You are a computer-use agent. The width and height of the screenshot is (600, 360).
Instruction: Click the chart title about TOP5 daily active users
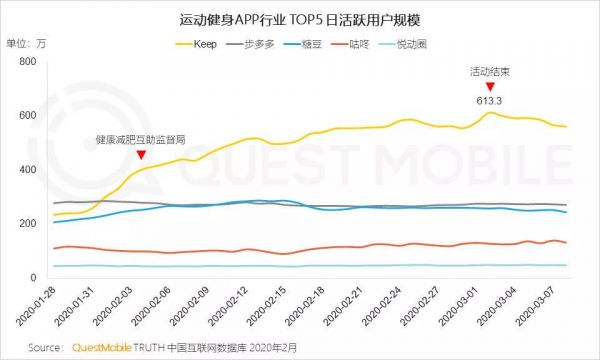tap(300, 19)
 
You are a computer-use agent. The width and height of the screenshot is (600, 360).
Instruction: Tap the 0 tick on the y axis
tap(33, 277)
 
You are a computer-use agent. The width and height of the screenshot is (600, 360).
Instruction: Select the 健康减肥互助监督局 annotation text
tap(140, 139)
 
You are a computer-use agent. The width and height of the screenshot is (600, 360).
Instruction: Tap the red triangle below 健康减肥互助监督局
tap(141, 154)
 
